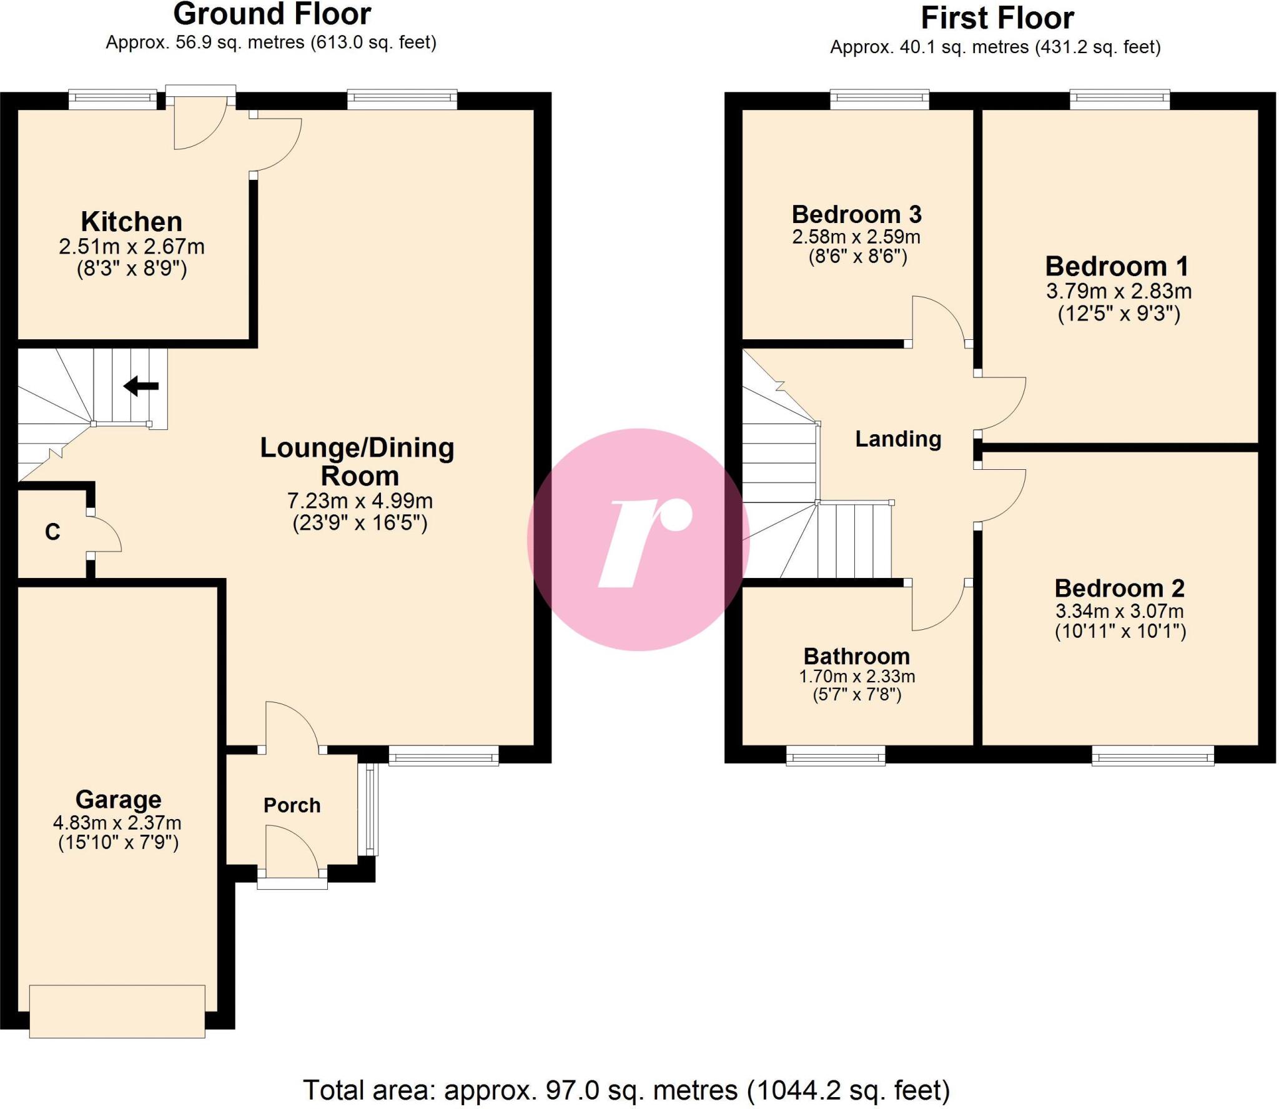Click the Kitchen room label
(131, 222)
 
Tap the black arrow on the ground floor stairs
(141, 386)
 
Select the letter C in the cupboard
(52, 532)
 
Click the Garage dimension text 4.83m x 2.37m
(117, 822)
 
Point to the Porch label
(292, 805)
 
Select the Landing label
(897, 439)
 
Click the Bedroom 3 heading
(856, 214)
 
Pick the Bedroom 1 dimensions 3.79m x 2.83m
(1119, 291)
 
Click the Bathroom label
(856, 656)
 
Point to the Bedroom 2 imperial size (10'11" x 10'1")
(1120, 632)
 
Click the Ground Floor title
(272, 14)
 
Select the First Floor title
(997, 18)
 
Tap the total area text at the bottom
(626, 1090)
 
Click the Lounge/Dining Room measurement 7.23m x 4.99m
(359, 500)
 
